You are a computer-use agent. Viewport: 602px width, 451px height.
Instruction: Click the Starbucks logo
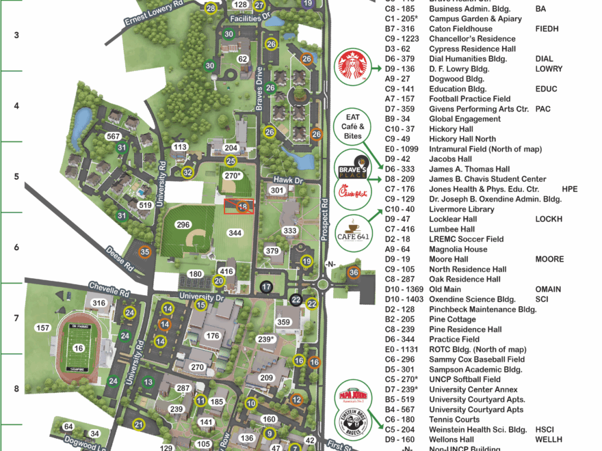pyautogui.click(x=354, y=68)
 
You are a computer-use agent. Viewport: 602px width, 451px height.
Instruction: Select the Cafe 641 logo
pyautogui.click(x=353, y=231)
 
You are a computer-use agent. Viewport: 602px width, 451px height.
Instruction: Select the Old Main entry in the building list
pyautogui.click(x=445, y=289)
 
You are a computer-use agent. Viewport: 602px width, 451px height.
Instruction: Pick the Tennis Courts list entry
pyautogui.click(x=454, y=420)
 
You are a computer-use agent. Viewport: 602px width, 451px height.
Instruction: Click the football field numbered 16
pyautogui.click(x=78, y=348)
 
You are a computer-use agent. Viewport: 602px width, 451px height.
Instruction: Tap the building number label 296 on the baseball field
pyautogui.click(x=183, y=225)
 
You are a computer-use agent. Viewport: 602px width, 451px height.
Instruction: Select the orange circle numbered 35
pyautogui.click(x=144, y=252)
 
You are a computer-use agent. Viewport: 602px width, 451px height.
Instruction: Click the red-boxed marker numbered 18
pyautogui.click(x=242, y=206)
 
